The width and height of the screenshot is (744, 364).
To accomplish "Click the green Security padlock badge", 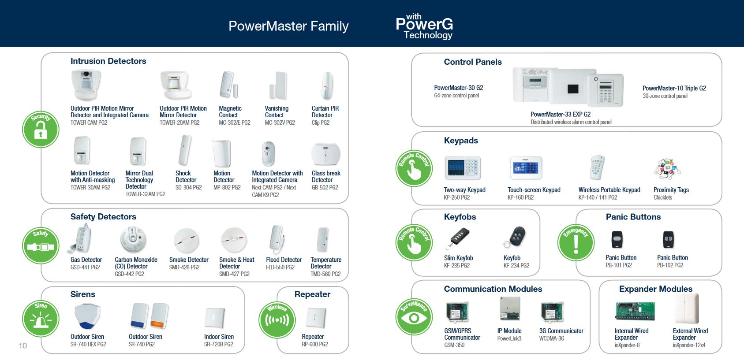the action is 41,130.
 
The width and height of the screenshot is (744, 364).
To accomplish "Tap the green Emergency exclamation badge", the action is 576,243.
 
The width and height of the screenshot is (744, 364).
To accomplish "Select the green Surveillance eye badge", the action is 414,316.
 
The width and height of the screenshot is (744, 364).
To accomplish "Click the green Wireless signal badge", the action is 277,320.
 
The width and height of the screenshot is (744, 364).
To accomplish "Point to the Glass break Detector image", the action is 325,154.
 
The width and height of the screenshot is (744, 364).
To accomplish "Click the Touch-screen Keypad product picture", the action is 526,168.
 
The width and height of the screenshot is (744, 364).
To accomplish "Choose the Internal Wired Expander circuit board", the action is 635,311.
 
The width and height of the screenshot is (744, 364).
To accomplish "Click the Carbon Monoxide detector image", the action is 133,240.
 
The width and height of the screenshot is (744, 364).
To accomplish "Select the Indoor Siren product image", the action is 215,318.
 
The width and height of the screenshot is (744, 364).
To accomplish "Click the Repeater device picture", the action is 316,318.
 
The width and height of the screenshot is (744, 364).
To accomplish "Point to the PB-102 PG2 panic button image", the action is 669,240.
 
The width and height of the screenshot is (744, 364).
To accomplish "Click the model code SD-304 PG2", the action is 189,187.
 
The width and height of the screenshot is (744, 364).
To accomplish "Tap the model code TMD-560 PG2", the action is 325,274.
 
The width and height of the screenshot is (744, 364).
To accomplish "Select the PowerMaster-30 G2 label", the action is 458,88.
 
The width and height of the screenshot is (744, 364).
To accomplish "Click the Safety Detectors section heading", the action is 103,217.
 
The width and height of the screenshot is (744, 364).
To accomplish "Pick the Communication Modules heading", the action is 493,289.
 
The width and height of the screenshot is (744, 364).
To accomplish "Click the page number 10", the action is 22,346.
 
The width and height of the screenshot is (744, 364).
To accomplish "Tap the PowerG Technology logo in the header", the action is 424,26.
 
